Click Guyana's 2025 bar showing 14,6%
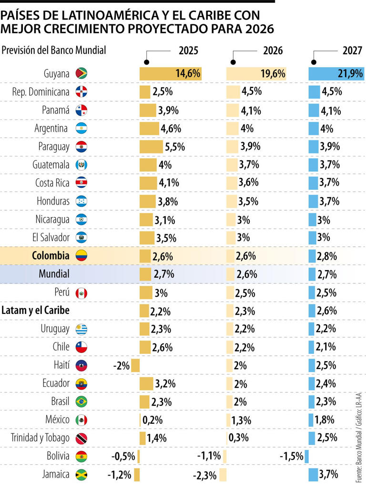coord(170,74)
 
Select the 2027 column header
coord(352,50)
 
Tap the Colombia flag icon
coord(81,256)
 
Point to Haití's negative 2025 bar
coord(135,365)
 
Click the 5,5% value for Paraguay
coord(175,147)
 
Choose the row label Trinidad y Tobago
coord(40,438)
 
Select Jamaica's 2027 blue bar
coord(314,474)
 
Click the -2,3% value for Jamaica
coord(205,474)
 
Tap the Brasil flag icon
coord(81,402)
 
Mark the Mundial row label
coord(54,274)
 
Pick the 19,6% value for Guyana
coord(274,74)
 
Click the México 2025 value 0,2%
coord(152,420)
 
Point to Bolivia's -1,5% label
coord(291,456)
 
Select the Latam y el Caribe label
coord(36,311)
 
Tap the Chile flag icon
coord(81,347)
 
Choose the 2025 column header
coord(188,50)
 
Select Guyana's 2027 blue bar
coord(336,74)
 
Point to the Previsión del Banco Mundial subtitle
coord(54,50)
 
